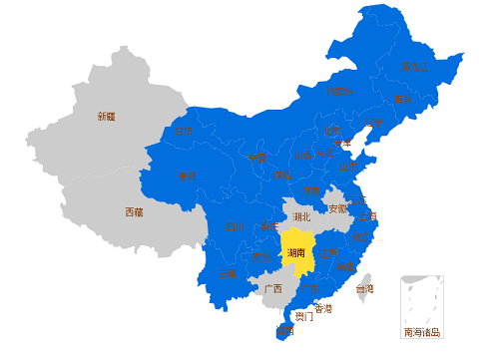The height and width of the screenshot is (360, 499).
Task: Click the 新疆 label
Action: click(106, 117)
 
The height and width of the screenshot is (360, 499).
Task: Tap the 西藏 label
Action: click(134, 211)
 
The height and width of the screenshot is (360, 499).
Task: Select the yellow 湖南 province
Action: click(296, 253)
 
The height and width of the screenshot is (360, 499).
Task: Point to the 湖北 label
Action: click(301, 215)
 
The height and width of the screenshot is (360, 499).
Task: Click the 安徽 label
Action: click(337, 208)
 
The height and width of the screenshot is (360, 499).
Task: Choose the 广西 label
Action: click(271, 288)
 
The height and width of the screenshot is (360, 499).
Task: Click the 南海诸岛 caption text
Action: click(421, 332)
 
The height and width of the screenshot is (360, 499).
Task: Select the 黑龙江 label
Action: click(414, 67)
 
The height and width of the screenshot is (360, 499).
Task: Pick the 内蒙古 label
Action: click(339, 92)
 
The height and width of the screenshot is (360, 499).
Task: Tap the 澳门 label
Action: click(302, 317)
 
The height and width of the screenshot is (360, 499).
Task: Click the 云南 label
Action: click(228, 273)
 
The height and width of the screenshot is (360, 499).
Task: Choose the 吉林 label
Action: click(403, 100)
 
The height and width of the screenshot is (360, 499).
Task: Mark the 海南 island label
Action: click(285, 329)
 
